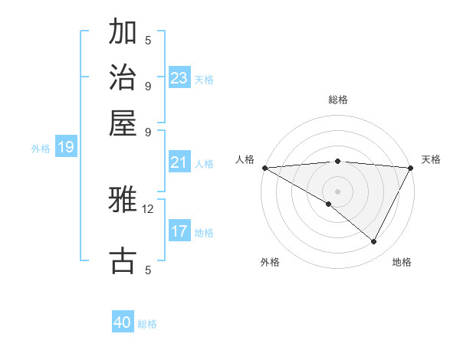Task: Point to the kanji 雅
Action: pyautogui.click(x=123, y=201)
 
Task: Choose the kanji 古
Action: pyautogui.click(x=123, y=260)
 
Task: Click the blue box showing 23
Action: pyautogui.click(x=179, y=77)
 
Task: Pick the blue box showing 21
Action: pyautogui.click(x=179, y=162)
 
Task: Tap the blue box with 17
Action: pyautogui.click(x=179, y=231)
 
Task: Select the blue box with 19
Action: pyautogui.click(x=66, y=147)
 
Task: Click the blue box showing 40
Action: pyautogui.click(x=123, y=322)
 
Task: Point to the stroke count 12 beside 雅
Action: pyautogui.click(x=148, y=208)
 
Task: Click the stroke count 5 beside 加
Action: pyautogui.click(x=148, y=40)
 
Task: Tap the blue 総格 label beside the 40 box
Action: pyautogui.click(x=148, y=324)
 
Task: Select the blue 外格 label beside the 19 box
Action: pyautogui.click(x=41, y=149)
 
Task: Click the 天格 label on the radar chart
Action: pyautogui.click(x=431, y=159)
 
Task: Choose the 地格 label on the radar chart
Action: pyautogui.click(x=402, y=262)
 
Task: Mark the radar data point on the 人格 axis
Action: pyautogui.click(x=264, y=168)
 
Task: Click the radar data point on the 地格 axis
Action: pyautogui.click(x=374, y=241)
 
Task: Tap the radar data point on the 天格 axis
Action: pyautogui.click(x=411, y=168)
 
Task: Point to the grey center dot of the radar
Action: pyautogui.click(x=337, y=191)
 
